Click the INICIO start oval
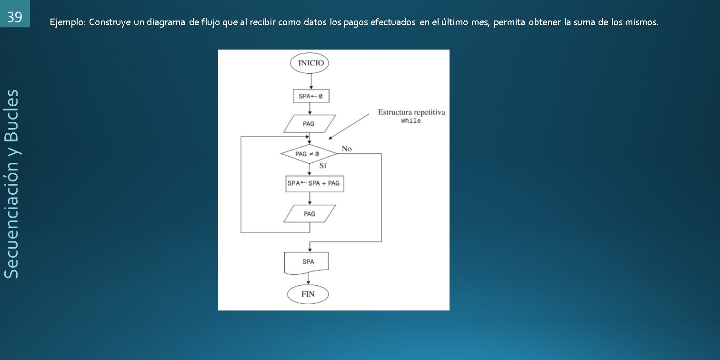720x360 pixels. pos(310,63)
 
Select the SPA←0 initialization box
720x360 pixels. pos(310,96)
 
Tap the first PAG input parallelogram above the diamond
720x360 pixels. pos(309,124)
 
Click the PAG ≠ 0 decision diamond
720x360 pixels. pos(308,154)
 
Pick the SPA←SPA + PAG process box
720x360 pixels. pos(314,183)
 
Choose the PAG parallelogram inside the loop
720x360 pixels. pos(310,214)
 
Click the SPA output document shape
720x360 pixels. pos(308,262)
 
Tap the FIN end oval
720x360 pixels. pos(308,294)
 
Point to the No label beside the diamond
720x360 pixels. pos(347,149)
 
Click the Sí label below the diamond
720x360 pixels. pos(323,166)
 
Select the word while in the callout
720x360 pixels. pos(410,121)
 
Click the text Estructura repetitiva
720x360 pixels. pos(411,113)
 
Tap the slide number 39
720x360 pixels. pos(14,17)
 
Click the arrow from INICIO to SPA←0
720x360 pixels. pos(310,81)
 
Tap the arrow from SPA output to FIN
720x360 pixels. pos(309,280)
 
